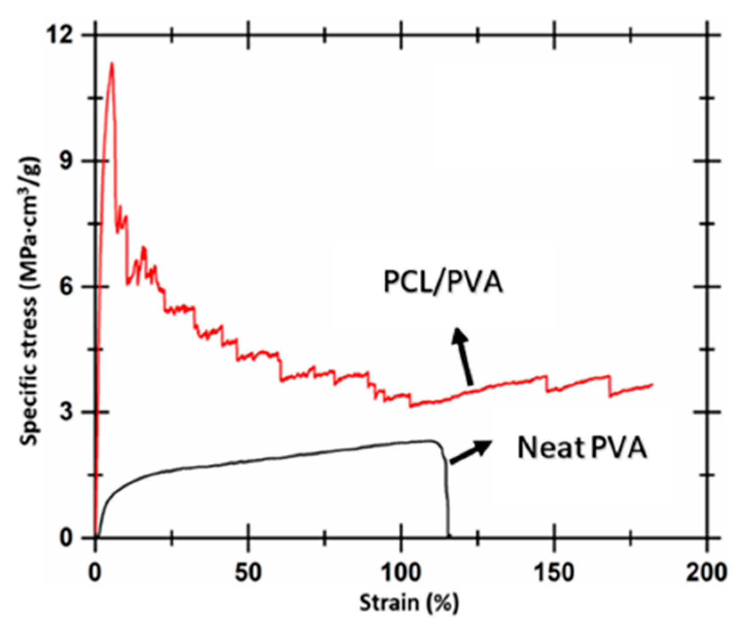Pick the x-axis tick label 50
[248, 573]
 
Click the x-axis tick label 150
[554, 573]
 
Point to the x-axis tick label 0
[95, 573]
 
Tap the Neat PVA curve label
[582, 448]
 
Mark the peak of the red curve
[112, 64]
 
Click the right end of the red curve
[651, 384]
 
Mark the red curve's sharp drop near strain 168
[609, 386]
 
